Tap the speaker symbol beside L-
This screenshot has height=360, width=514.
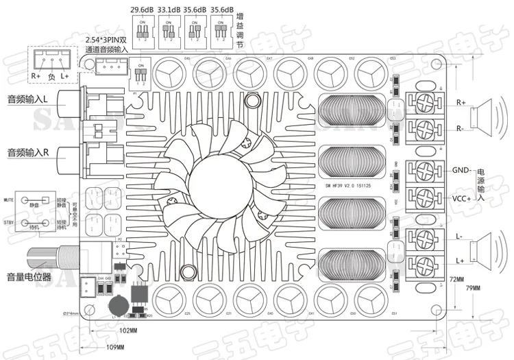493,248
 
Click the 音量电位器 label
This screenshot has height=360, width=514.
27,278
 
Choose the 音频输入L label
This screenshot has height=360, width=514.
27,99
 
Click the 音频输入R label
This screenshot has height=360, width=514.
27,151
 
